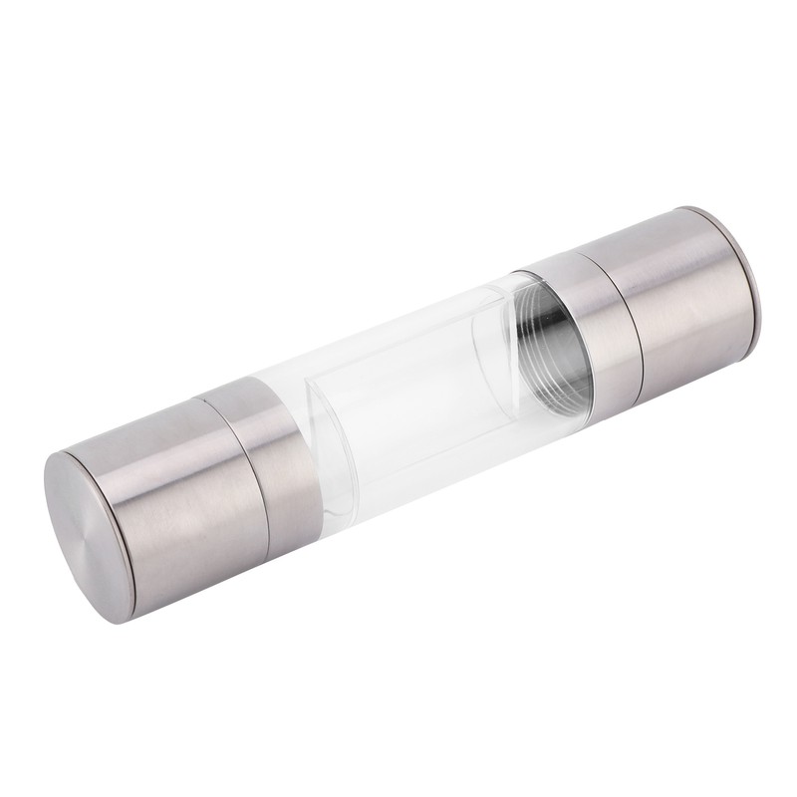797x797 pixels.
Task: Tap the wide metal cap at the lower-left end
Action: tap(169, 498)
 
